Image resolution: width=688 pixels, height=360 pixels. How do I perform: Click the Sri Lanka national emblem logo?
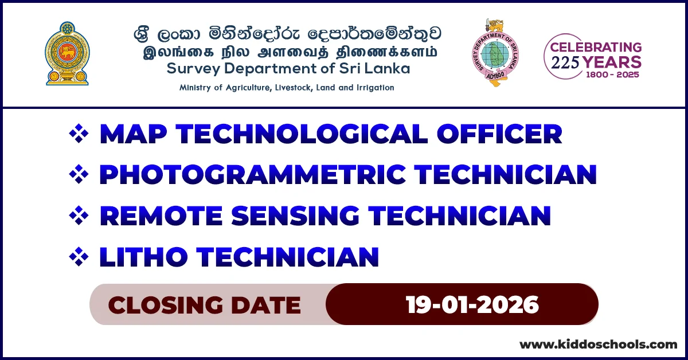point(67,54)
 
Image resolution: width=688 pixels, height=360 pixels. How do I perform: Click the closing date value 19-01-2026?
point(472,304)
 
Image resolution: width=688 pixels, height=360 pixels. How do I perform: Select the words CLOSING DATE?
point(204,305)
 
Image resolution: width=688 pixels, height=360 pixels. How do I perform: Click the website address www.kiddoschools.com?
point(598,345)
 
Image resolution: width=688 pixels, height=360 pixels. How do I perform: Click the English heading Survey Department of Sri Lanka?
point(288,69)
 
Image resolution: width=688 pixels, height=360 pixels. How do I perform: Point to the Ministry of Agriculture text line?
point(287,88)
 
